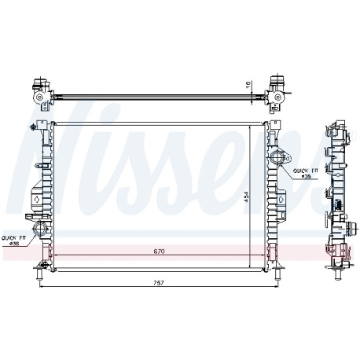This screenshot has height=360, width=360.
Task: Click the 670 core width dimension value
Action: [159, 252]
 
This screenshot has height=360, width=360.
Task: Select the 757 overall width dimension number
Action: [159, 283]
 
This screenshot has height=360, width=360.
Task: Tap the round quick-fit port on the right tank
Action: [277, 158]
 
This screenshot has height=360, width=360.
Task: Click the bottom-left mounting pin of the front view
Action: [39, 273]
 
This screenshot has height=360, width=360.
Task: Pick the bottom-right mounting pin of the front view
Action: [278, 273]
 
